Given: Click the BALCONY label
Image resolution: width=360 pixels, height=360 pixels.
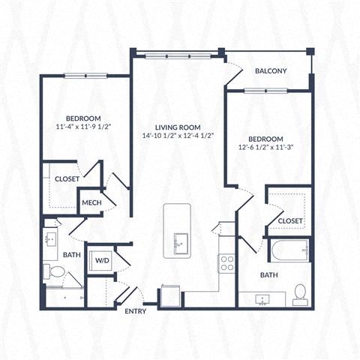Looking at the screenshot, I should pyautogui.click(x=271, y=71).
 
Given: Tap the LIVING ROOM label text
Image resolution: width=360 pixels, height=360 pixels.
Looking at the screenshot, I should pyautogui.click(x=177, y=127).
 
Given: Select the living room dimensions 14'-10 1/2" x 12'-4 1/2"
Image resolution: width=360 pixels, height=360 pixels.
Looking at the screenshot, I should pyautogui.click(x=177, y=136).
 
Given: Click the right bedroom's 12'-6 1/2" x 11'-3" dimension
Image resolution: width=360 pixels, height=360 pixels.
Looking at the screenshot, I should pyautogui.click(x=265, y=148).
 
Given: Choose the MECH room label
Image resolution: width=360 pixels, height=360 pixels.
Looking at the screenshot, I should pyautogui.click(x=91, y=202).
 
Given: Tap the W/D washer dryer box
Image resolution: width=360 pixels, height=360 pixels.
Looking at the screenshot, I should pyautogui.click(x=100, y=260).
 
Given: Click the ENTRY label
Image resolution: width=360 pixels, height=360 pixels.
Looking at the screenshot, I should pyautogui.click(x=136, y=310).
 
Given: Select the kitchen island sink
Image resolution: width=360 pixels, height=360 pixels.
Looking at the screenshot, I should pyautogui.click(x=181, y=244).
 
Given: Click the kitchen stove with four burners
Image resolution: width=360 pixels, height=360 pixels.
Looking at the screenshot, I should pyautogui.click(x=226, y=262).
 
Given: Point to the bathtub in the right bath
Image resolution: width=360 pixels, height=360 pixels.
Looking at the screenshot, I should pyautogui.click(x=289, y=250).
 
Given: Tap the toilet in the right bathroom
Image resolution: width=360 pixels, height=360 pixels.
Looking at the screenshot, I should pyautogui.click(x=300, y=292).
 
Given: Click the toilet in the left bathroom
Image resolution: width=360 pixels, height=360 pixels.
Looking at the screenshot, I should pyautogui.click(x=55, y=271).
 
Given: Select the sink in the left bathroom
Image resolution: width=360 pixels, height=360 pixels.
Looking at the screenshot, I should pyautogui.click(x=50, y=239).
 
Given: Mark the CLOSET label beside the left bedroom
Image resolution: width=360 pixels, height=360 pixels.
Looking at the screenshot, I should pyautogui.click(x=67, y=179).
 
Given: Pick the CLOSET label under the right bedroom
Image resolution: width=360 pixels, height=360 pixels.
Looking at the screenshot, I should pyautogui.click(x=290, y=220).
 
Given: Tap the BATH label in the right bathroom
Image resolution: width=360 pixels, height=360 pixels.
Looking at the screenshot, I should pyautogui.click(x=269, y=275).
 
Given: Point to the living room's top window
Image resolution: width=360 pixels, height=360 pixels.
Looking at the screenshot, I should pyautogui.click(x=177, y=54).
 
